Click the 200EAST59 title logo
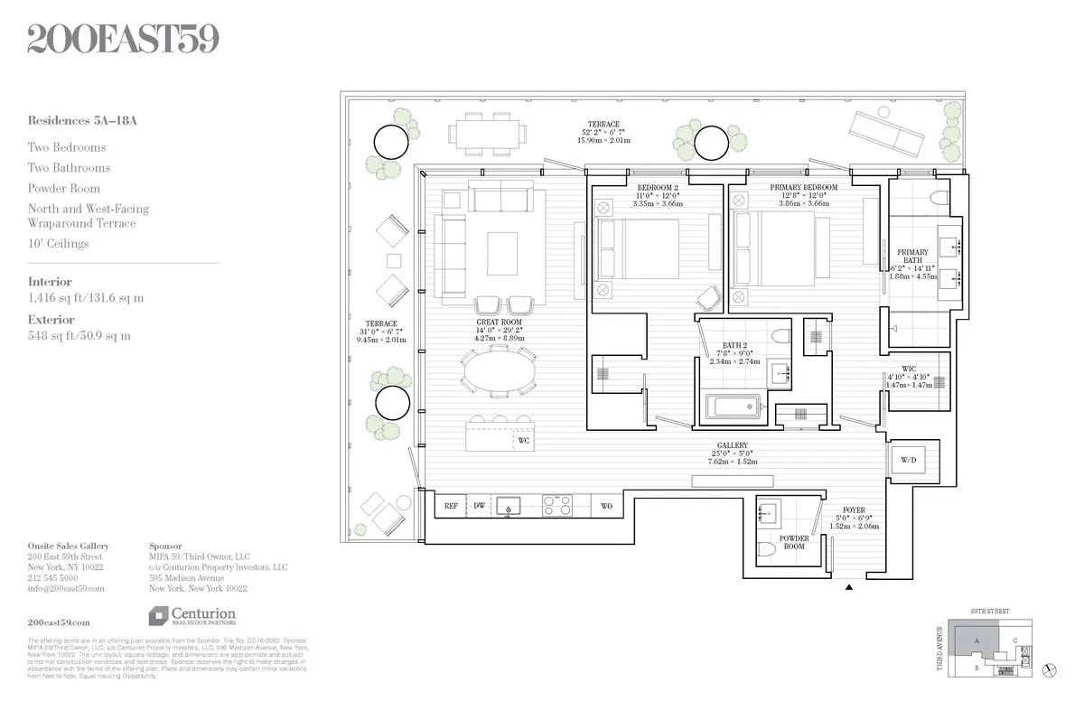click(x=123, y=40)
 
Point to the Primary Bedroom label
click(x=803, y=188)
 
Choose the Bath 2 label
click(x=733, y=345)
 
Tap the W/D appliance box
click(x=908, y=461)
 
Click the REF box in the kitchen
click(x=451, y=507)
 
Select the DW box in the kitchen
click(x=480, y=507)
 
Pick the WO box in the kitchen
click(x=606, y=507)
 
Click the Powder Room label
click(x=794, y=543)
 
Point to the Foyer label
click(x=855, y=510)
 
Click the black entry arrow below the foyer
click(x=849, y=588)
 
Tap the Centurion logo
click(x=192, y=616)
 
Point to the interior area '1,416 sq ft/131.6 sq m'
click(x=86, y=297)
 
